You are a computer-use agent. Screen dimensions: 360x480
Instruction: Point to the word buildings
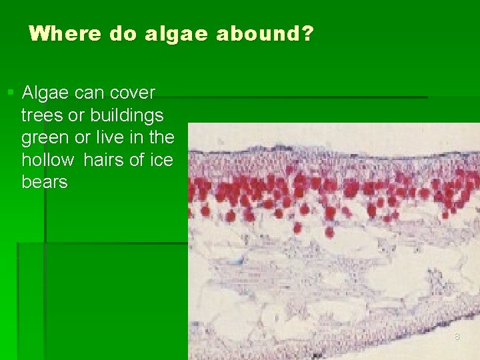(125, 115)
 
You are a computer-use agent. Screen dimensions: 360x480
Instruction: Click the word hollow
(47, 160)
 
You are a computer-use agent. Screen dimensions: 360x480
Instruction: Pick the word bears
(45, 183)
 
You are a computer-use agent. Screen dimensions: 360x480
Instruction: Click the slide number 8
(457, 337)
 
